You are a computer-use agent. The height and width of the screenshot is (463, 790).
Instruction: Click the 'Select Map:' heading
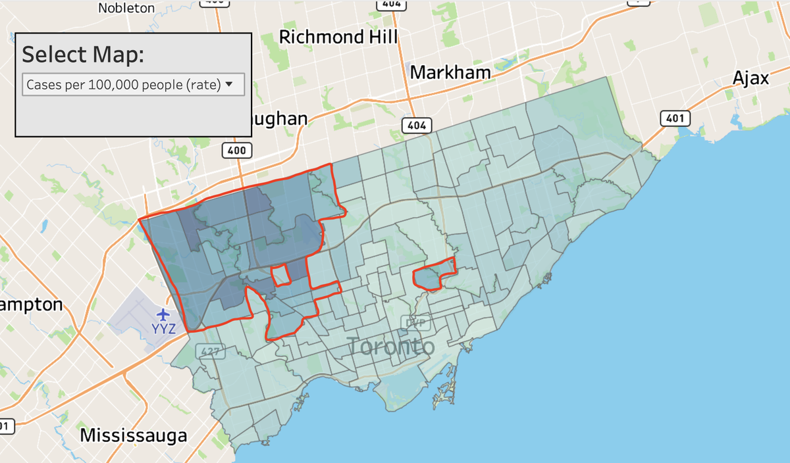click(83, 55)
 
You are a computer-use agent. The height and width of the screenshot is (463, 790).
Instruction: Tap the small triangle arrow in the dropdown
click(229, 84)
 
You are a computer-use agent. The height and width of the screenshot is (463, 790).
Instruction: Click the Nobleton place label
click(126, 8)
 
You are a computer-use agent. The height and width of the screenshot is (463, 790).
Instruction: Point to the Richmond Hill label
click(339, 37)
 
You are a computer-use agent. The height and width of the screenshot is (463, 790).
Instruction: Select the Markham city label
click(450, 72)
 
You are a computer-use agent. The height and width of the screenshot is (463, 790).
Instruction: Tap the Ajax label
click(750, 79)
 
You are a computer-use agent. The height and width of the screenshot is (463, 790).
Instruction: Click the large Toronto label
click(390, 346)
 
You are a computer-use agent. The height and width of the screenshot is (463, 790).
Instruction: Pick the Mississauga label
click(133, 435)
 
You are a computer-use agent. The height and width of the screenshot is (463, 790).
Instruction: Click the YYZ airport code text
click(164, 328)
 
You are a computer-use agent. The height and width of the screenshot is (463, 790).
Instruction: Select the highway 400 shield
click(234, 151)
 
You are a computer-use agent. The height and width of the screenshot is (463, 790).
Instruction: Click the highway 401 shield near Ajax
click(675, 118)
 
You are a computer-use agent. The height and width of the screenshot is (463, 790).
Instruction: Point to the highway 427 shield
click(211, 353)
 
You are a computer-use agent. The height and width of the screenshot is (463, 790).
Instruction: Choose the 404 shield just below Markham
click(416, 125)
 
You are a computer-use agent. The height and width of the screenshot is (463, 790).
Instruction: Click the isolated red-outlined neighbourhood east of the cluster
click(433, 276)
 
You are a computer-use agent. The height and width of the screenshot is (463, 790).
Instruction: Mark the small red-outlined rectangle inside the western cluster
click(280, 276)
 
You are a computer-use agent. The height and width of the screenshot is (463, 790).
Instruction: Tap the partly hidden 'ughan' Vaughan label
click(279, 119)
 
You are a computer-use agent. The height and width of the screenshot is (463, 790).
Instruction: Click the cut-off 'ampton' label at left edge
click(32, 305)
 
